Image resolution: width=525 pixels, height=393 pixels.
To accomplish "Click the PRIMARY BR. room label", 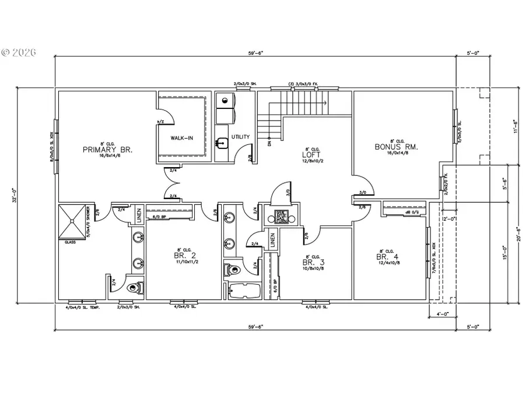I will coord(108,150).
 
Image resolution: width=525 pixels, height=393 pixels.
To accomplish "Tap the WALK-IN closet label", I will coord(182,138).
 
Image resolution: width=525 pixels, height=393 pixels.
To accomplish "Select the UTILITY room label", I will coord(240,137).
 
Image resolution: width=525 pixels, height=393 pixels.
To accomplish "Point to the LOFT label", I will coord(309,155).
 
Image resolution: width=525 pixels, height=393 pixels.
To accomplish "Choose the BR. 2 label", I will coord(180,256).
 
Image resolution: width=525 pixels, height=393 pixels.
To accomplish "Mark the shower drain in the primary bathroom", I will coord(72,221).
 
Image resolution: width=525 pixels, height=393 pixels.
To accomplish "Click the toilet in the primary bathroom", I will coord(135,288).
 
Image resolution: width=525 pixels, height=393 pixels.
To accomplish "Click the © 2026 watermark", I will coord(19,52).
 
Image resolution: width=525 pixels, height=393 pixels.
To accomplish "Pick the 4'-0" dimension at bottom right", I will coord(442,315).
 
